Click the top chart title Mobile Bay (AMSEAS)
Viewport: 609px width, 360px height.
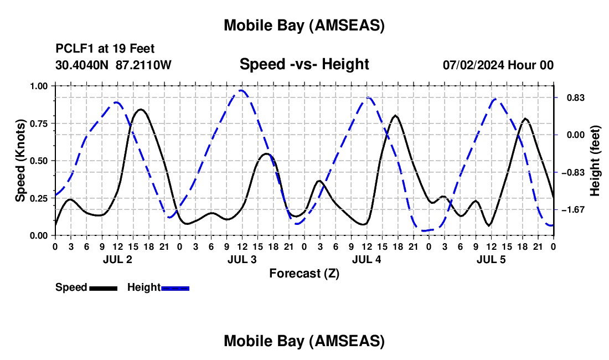pos(304,25)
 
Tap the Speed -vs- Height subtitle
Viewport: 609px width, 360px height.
pos(304,64)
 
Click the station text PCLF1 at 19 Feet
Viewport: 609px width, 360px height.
pos(105,49)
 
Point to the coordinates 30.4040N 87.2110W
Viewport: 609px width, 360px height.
pos(113,65)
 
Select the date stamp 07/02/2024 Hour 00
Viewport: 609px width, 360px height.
pos(498,65)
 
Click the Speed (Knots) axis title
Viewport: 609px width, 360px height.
pos(20,161)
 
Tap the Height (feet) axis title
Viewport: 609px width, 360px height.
pos(595,161)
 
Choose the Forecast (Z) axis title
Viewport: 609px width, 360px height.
pos(304,273)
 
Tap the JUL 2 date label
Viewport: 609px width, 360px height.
pos(117,259)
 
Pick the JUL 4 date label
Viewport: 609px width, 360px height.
pos(367,259)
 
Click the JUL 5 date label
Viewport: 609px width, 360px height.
pos(491,259)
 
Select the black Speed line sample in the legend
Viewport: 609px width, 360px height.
pos(103,288)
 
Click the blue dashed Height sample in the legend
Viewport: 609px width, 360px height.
pos(175,288)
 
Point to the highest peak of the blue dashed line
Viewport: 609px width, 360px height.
pos(241,90)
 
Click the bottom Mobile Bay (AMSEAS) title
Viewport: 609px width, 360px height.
pos(304,341)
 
